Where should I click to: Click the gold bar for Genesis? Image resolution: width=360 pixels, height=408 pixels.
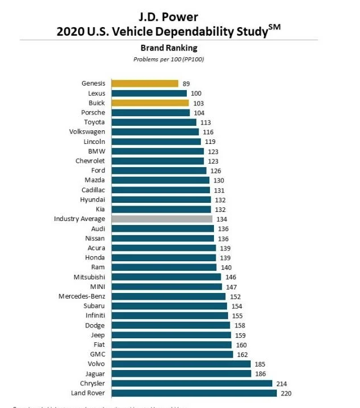(145, 83)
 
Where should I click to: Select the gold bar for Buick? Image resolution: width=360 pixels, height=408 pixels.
(150, 103)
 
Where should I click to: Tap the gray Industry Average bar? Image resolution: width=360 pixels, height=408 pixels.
(162, 219)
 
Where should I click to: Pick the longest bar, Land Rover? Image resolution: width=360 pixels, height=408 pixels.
(194, 393)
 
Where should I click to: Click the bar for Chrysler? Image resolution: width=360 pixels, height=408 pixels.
(192, 383)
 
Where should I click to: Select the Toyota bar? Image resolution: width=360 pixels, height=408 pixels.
(154, 122)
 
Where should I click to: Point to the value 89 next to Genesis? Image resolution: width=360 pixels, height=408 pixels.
(186, 84)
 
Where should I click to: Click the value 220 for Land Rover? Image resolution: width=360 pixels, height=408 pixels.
(286, 393)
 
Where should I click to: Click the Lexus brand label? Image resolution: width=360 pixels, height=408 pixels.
(96, 93)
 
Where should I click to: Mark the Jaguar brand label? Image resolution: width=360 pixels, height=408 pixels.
(94, 373)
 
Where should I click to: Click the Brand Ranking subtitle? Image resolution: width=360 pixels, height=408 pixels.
(168, 48)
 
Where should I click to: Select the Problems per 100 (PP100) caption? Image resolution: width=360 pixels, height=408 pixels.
(168, 59)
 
